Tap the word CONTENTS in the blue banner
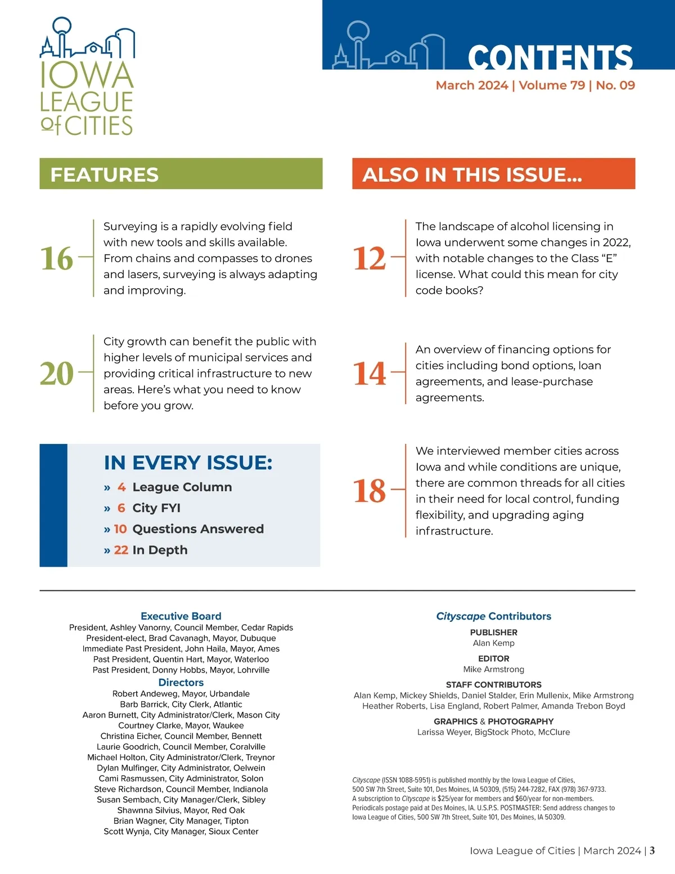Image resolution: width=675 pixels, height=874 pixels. [550, 57]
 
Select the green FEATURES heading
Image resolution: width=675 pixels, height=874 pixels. [105, 174]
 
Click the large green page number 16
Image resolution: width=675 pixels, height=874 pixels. [57, 258]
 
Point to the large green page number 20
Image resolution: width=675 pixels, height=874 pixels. [57, 373]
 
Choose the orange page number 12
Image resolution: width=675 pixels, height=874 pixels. [369, 258]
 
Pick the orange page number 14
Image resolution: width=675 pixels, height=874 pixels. [369, 373]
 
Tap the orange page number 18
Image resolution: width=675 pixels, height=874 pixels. [369, 491]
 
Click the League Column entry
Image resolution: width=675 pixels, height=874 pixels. [182, 487]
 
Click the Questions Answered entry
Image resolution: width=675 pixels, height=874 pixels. [197, 529]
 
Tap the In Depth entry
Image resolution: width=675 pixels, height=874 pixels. [160, 550]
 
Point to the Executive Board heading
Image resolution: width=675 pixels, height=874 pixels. [181, 616]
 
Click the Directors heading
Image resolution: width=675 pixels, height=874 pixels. [181, 683]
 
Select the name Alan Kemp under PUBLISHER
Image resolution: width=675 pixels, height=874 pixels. [493, 643]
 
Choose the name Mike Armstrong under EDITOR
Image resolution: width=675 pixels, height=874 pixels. [493, 669]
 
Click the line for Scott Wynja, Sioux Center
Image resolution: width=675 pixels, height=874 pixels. [181, 831]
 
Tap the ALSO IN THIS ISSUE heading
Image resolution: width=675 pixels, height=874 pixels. [472, 174]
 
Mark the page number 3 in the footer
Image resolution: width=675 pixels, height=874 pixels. [652, 850]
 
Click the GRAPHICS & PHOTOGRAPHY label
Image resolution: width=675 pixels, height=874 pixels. [493, 721]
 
